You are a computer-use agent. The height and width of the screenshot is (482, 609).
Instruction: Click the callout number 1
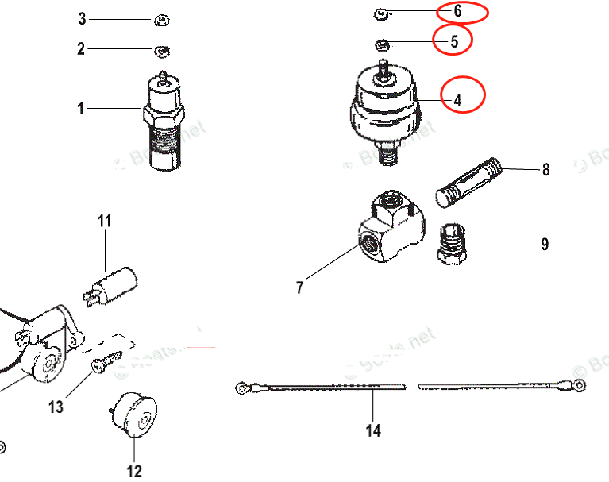click(x=80, y=109)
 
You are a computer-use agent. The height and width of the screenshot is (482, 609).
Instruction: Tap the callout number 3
click(x=81, y=17)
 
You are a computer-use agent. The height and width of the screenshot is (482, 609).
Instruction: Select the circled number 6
click(x=457, y=12)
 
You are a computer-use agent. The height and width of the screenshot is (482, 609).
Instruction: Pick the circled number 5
click(x=454, y=42)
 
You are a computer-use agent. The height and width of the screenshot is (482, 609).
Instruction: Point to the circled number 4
click(x=458, y=101)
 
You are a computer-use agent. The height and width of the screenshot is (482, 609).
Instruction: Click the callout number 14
click(x=373, y=430)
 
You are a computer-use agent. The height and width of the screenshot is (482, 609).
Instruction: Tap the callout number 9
click(x=545, y=245)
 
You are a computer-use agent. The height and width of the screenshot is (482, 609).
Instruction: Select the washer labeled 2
click(x=161, y=52)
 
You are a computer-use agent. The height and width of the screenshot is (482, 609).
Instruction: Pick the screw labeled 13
click(x=106, y=362)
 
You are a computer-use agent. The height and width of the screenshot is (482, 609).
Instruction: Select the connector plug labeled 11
click(x=114, y=286)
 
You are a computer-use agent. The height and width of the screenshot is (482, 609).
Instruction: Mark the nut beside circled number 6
click(x=380, y=13)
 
